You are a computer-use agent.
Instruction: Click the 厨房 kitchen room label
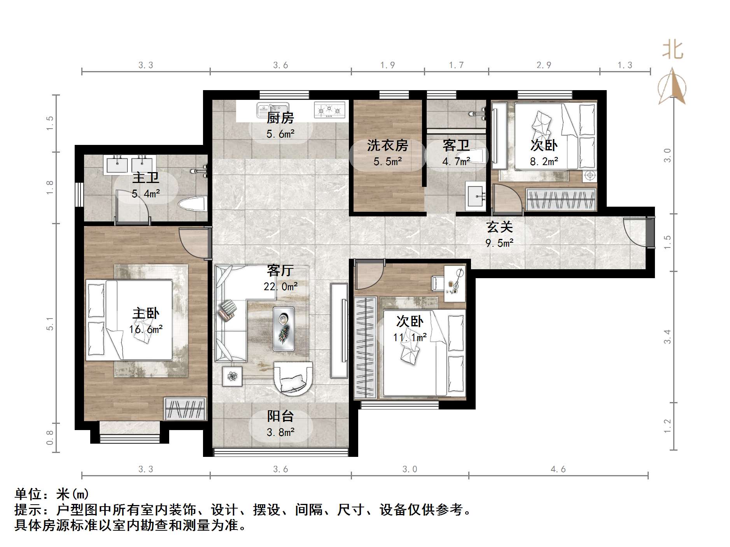coord(280,117)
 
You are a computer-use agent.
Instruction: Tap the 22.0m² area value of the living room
coord(280,287)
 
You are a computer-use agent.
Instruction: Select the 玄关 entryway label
coord(499,227)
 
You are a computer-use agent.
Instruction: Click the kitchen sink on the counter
coord(273,110)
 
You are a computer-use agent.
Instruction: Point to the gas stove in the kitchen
coord(329,110)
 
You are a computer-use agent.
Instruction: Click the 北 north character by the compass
coord(672,51)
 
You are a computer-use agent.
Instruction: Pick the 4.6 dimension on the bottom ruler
coord(558,469)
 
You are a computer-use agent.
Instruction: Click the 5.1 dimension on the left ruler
coord(50,323)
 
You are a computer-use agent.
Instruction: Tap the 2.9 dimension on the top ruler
coord(544,65)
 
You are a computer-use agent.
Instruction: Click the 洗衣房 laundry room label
coord(387,145)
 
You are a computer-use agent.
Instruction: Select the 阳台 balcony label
coord(280,416)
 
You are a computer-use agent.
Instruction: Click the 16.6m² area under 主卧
coord(145,329)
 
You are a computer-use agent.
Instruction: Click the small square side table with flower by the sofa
coord(232,376)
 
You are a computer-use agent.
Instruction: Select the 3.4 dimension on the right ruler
coord(667,336)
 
